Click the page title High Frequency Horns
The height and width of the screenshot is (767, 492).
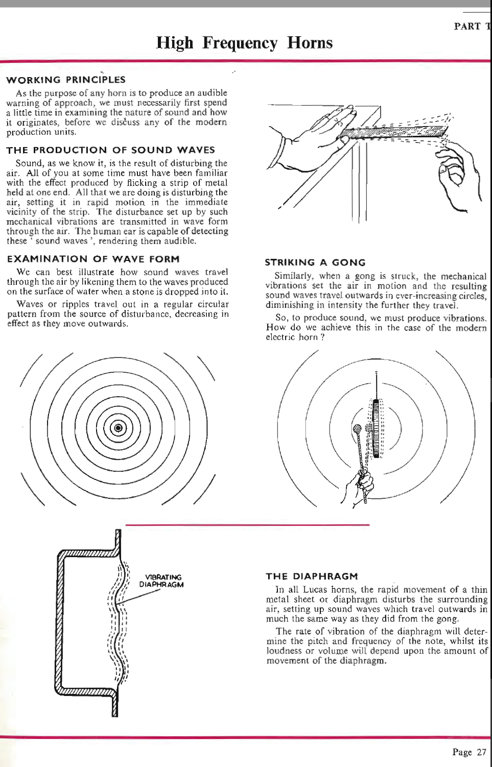244,42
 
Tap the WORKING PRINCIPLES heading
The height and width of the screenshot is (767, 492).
65,80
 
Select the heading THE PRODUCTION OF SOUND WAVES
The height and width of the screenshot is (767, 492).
110,150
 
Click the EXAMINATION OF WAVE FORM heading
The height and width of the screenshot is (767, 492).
93,259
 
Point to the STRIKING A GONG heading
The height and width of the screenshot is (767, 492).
315,262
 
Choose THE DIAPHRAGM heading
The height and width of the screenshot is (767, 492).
312,576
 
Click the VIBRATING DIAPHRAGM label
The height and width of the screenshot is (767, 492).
161,581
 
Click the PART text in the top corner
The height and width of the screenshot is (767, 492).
467,27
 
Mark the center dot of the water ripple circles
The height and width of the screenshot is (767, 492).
118,428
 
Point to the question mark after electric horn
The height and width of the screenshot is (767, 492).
322,337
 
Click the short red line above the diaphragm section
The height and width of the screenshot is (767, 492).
247,525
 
